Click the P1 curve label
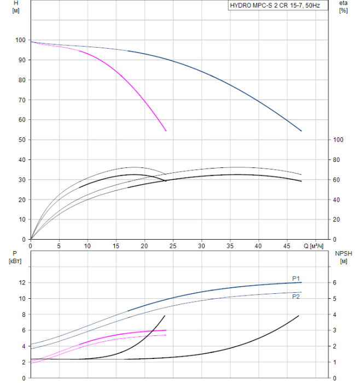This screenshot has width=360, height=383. click(x=295, y=278)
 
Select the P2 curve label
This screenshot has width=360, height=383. click(x=295, y=296)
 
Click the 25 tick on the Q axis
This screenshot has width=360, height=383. click(x=173, y=246)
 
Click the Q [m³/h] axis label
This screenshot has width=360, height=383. click(x=316, y=246)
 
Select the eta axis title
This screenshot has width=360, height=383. click(x=343, y=3)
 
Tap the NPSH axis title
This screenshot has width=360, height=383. click(x=345, y=253)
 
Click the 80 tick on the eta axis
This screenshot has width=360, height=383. click(x=338, y=160)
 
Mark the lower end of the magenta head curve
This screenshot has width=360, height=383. click(x=166, y=131)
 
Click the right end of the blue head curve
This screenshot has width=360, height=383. click(x=301, y=131)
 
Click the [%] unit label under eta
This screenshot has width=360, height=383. click(x=343, y=11)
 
